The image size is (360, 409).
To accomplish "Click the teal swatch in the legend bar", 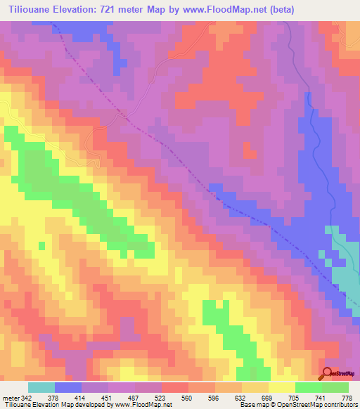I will point(41,387).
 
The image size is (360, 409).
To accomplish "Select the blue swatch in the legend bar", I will point(68,387).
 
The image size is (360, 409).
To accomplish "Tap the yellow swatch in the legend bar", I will point(282,387).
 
